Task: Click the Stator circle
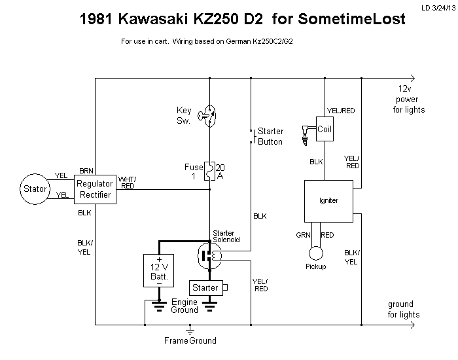35,189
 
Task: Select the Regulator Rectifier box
96,189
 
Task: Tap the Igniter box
329,200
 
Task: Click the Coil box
325,129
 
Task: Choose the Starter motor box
206,287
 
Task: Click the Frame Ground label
190,340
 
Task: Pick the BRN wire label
86,170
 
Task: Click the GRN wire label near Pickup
302,234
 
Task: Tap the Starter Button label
270,136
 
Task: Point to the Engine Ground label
184,306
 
